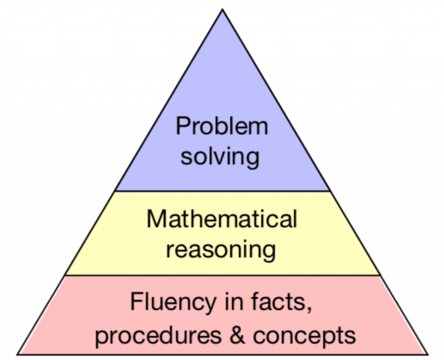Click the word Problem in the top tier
click(x=222, y=126)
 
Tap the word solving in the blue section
click(x=220, y=156)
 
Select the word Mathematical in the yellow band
click(x=222, y=219)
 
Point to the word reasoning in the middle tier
click(x=221, y=249)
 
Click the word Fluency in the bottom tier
click(x=173, y=303)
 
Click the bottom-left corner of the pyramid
click(x=17, y=354)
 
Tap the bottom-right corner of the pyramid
click(x=428, y=354)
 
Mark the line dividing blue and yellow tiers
click(x=222, y=191)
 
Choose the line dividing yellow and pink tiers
click(x=222, y=275)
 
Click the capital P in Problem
click(x=183, y=126)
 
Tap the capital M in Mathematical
click(x=156, y=219)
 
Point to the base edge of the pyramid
click(x=222, y=354)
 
